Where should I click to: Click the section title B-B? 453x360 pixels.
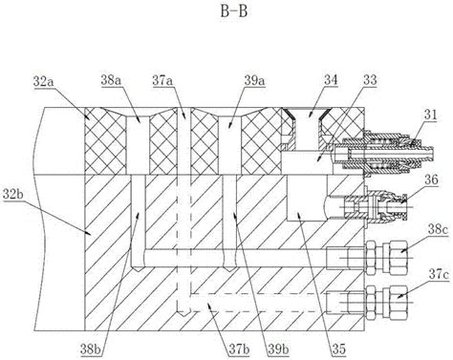pos(234,11)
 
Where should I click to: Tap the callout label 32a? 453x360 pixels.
pos(44,82)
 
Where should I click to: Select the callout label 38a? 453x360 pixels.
pos(112,80)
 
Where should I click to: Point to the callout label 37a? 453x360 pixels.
pos(162,80)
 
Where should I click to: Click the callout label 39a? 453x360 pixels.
pos(254,80)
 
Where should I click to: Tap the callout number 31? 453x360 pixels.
pos(430,115)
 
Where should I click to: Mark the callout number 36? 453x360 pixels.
pos(431,180)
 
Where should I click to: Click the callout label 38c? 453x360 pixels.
pos(438,230)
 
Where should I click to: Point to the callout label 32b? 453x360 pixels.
pos(13,194)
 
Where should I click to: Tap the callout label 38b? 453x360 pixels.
pos(91,349)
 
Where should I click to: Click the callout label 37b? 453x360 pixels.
pos(239,349)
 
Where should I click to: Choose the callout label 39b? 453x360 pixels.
pos(278,349)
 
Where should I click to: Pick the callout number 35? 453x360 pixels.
pos(338,349)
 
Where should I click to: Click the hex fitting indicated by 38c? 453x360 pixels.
pos(386,258)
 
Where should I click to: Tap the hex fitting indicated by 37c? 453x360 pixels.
pos(386,303)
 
